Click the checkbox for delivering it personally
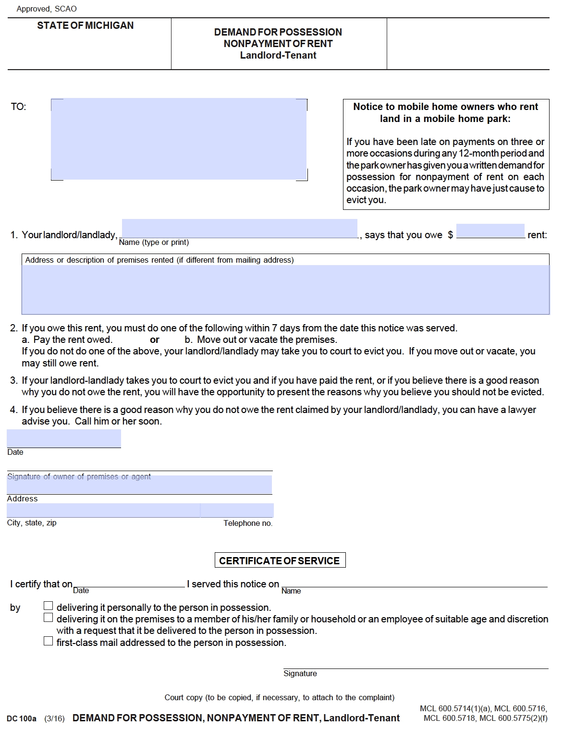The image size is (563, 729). tap(48, 606)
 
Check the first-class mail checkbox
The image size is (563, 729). tap(48, 641)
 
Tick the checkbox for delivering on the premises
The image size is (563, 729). tap(48, 617)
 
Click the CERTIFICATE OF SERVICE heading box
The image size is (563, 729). tap(280, 560)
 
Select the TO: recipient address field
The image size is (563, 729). tap(179, 139)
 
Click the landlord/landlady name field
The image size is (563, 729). tap(239, 229)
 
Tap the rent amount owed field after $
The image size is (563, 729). tap(490, 231)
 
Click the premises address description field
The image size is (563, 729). tap(285, 290)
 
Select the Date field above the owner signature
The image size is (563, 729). tap(64, 439)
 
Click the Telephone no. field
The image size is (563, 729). tap(237, 510)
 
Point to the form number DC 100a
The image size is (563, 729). tap(22, 718)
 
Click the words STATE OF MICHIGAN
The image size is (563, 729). tap(86, 25)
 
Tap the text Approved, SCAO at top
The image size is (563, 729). tap(47, 9)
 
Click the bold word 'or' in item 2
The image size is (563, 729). tap(155, 340)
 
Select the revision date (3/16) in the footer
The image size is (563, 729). tap(54, 718)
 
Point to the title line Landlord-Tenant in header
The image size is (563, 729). tap(278, 55)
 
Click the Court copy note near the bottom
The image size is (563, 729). tap(279, 697)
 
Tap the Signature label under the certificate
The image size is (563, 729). tap(300, 673)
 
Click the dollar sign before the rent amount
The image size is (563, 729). tap(450, 235)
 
